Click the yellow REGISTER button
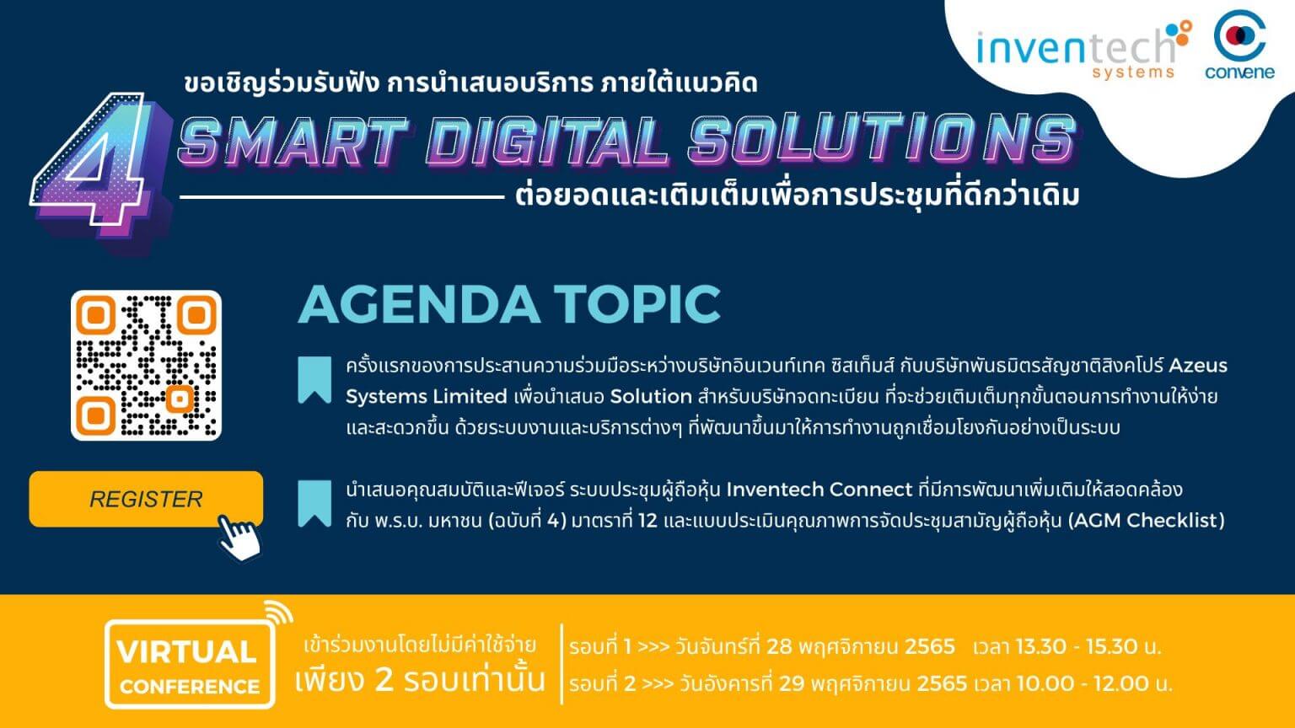[x=145, y=499]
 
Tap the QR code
[x=146, y=365]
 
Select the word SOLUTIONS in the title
[x=881, y=139]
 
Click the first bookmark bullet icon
[x=314, y=380]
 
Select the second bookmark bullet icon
[x=314, y=504]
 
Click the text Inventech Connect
[x=819, y=490]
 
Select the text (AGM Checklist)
[x=1146, y=521]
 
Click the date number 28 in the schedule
[x=779, y=647]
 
